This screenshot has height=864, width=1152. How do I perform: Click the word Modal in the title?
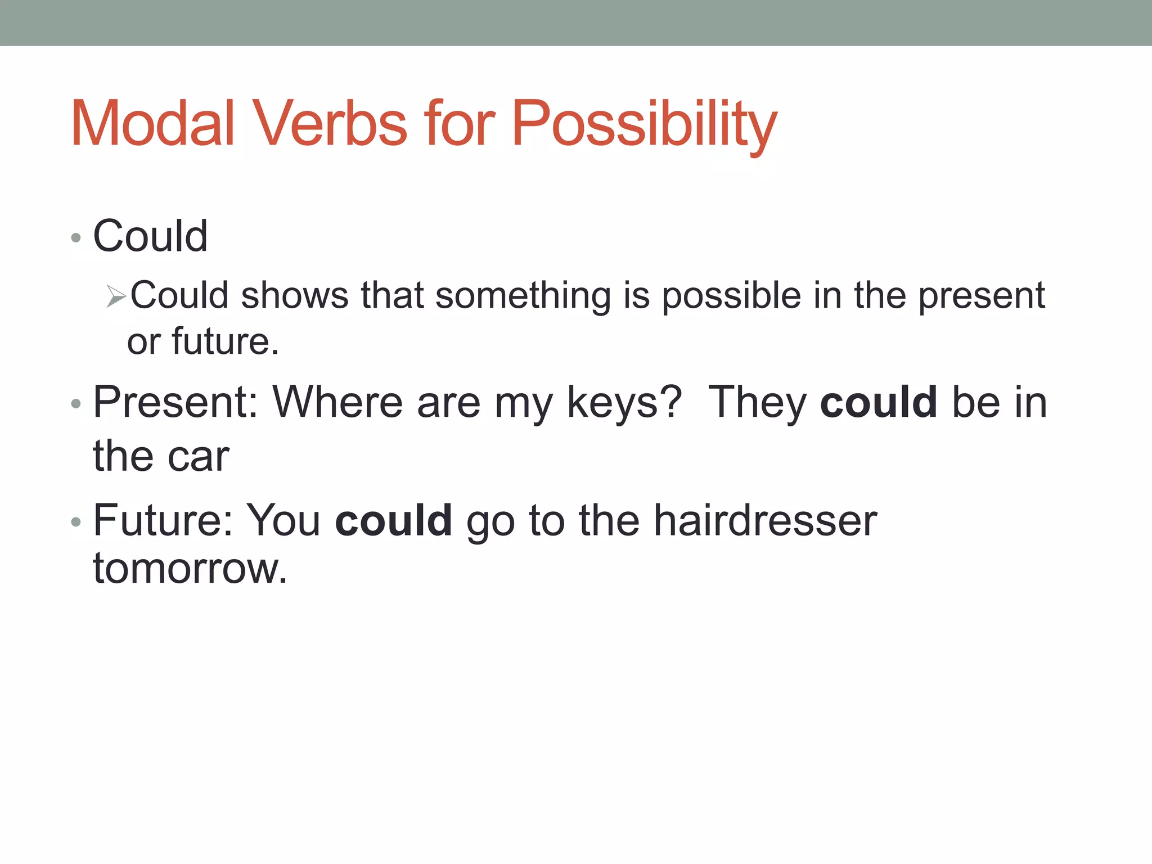pyautogui.click(x=152, y=124)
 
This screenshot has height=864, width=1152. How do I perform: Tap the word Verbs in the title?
pyautogui.click(x=331, y=124)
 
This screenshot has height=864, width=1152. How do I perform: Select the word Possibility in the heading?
pyautogui.click(x=644, y=125)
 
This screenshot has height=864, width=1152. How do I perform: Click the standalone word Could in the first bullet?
pyautogui.click(x=150, y=236)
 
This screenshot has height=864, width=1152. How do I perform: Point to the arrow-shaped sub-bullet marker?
pyautogui.click(x=116, y=296)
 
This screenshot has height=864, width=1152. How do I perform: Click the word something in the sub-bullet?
pyautogui.click(x=523, y=296)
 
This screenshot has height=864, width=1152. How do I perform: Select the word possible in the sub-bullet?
pyautogui.click(x=731, y=296)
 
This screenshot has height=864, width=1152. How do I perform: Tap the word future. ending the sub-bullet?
pyautogui.click(x=225, y=341)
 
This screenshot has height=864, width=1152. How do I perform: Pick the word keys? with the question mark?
pyautogui.click(x=624, y=403)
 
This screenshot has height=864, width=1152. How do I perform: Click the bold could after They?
pyautogui.click(x=878, y=403)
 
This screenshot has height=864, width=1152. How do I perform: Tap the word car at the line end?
pyautogui.click(x=199, y=456)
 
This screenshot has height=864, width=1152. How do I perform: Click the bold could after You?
pyautogui.click(x=393, y=521)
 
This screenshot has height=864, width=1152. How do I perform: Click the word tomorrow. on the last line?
pyautogui.click(x=190, y=569)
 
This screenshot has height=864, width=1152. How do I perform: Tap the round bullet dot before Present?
pyautogui.click(x=76, y=404)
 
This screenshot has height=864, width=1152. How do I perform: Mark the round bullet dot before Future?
pyautogui.click(x=76, y=523)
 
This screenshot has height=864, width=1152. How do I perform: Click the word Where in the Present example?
pyautogui.click(x=337, y=403)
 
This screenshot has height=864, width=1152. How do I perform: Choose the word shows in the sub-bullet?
pyautogui.click(x=295, y=296)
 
